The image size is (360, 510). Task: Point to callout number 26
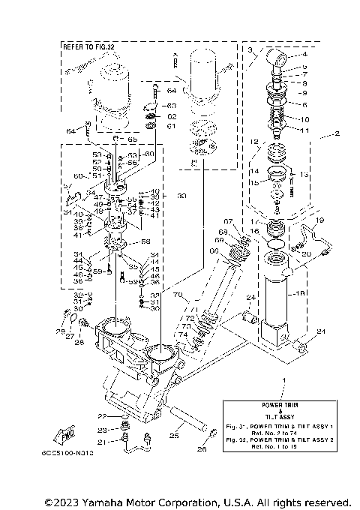coord(200,450)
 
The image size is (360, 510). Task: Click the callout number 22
coord(103,415)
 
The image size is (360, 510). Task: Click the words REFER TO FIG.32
coord(90,46)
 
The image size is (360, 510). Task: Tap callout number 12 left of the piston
coord(253,141)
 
